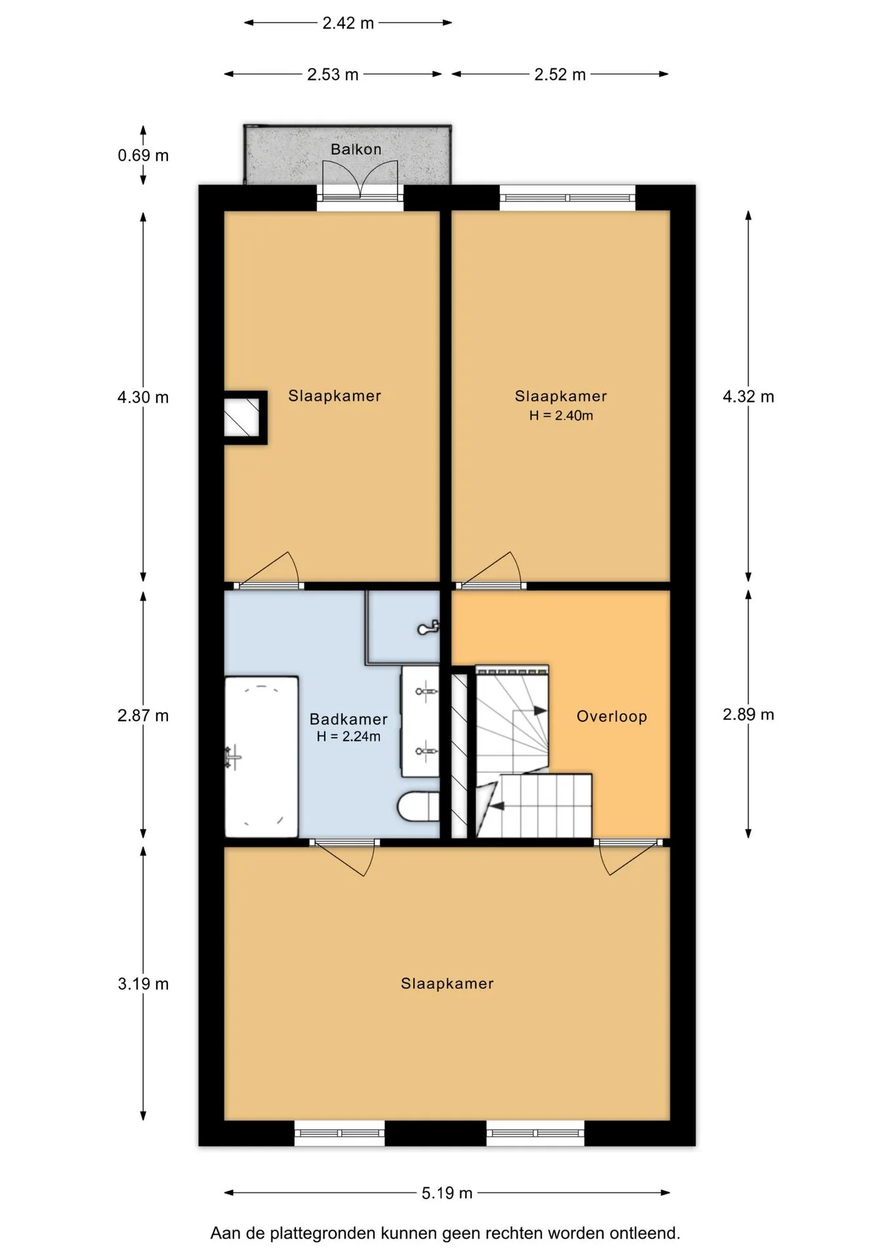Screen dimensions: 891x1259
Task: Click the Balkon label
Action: (356, 150)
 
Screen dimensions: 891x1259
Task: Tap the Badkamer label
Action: (348, 719)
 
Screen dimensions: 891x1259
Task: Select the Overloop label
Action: (612, 716)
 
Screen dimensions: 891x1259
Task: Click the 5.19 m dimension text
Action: (447, 1193)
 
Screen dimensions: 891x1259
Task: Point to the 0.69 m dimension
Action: (143, 155)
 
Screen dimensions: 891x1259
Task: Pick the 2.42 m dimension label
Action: (348, 23)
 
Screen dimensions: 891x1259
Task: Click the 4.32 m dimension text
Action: (749, 397)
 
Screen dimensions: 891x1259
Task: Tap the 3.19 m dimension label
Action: (143, 984)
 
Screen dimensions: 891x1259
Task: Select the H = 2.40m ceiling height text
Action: (561, 415)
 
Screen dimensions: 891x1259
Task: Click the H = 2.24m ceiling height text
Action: (348, 736)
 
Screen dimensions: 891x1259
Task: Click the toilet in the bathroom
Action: (419, 807)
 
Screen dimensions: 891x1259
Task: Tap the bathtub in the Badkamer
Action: (262, 757)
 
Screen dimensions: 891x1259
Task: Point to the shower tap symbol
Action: (428, 628)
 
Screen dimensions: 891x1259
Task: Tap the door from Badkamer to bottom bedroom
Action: (345, 856)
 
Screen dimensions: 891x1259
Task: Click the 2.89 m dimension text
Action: (749, 715)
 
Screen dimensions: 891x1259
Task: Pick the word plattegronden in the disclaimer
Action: (323, 1233)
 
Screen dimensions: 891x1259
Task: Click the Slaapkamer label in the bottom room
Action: (447, 984)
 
